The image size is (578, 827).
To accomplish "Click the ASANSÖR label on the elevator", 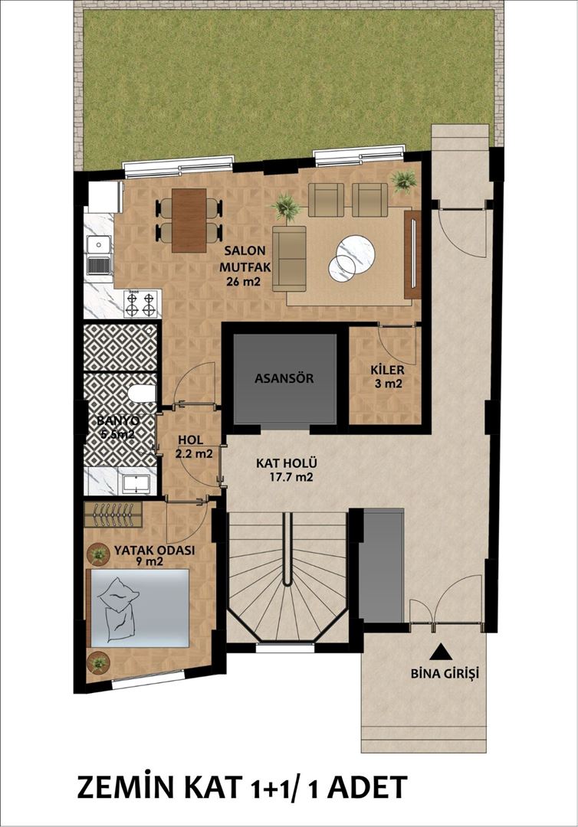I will click(x=284, y=378).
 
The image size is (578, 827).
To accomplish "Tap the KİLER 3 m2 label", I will click(x=386, y=376).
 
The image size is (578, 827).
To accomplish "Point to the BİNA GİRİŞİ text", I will click(x=440, y=675).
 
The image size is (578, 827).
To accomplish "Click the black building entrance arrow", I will click(x=440, y=652).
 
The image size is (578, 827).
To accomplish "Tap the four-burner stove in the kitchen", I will click(x=142, y=303).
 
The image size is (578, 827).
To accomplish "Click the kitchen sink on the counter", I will click(x=98, y=255).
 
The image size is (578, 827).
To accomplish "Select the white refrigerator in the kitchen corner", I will click(x=104, y=197).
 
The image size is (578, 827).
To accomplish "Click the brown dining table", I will click(x=189, y=220).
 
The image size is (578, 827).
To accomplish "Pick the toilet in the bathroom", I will click(x=141, y=394).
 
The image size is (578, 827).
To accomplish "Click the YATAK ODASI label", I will click(x=154, y=550).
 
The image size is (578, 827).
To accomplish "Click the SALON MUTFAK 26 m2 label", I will click(x=243, y=265).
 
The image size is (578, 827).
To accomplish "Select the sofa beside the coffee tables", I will click(x=289, y=258).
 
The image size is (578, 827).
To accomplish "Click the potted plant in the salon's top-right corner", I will click(x=403, y=181).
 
